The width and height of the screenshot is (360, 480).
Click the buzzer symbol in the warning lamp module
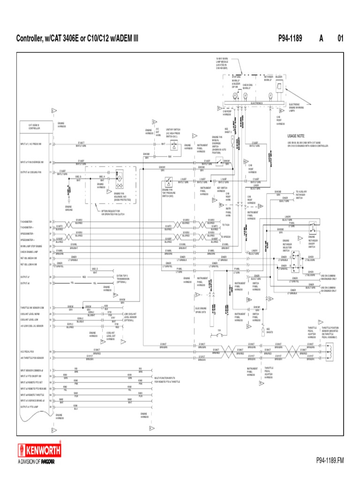(x=279, y=86)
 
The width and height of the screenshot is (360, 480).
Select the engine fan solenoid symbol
(x=119, y=179)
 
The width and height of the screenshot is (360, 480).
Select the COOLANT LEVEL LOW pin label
(x=29, y=319)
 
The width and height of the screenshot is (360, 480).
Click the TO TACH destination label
(x=226, y=225)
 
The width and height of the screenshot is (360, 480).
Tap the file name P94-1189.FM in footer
(x=329, y=462)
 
